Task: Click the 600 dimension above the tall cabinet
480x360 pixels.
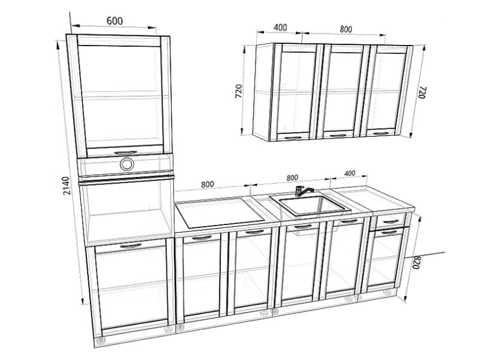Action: pos(115,21)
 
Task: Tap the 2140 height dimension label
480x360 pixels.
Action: pos(67,185)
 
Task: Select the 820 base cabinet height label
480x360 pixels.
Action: pos(415,262)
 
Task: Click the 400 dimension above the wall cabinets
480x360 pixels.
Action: pos(280,28)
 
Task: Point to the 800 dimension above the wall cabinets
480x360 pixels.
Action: pos(346,29)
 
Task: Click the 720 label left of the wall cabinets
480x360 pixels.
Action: pos(238,91)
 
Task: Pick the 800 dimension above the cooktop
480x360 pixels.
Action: pos(207,184)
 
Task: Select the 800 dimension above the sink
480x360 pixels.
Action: pos(292,178)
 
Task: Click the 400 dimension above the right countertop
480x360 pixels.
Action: pos(350,173)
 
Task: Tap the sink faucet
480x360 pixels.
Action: pos(302,191)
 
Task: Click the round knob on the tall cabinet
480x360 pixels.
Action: pos(127,164)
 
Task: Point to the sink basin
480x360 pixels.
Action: pos(310,205)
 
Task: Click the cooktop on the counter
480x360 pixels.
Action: pos(219,213)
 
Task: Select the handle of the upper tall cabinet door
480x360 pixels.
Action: pos(125,152)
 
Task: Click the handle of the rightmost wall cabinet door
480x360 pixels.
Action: pos(380,133)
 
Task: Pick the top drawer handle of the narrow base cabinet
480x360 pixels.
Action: pos(391,221)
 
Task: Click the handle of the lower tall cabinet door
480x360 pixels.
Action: pos(131,245)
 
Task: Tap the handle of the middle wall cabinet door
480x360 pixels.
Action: pos(338,136)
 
